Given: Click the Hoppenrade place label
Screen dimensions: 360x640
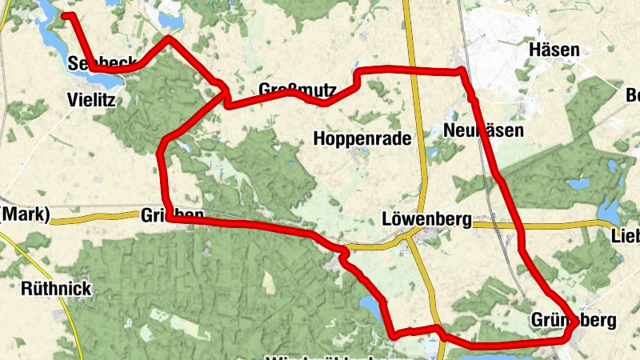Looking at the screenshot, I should (362, 138).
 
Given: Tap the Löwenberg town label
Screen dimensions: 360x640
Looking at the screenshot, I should (427, 218).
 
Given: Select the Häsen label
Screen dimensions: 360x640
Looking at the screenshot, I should (554, 50).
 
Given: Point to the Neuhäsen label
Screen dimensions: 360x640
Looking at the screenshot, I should (482, 130).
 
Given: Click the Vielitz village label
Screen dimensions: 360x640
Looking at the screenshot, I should (93, 101).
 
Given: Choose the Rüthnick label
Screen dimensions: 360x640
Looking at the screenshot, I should (57, 289).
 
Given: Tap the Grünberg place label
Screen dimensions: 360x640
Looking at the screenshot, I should (574, 321).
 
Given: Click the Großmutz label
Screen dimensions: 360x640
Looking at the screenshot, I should (297, 89).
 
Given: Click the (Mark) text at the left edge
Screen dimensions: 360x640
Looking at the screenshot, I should (26, 214).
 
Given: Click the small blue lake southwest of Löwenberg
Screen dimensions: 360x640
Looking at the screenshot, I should (370, 306).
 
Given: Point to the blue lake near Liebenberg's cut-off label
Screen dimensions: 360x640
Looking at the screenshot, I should (608, 211).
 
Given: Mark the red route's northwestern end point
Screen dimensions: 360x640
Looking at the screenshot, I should (65, 15).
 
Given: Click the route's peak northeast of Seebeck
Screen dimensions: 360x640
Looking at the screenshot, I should (169, 38).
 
